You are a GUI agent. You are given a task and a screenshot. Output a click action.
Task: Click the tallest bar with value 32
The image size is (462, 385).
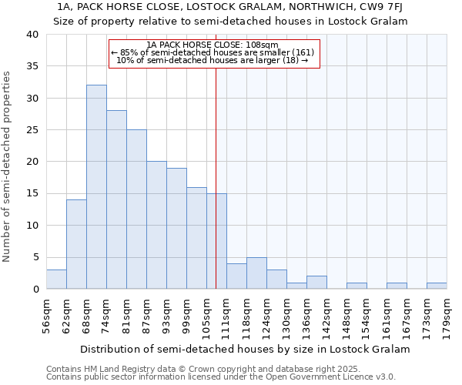[96, 187]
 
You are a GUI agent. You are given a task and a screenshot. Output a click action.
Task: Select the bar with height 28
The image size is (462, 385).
[116, 199]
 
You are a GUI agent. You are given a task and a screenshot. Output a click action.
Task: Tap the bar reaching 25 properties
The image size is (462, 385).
[136, 209]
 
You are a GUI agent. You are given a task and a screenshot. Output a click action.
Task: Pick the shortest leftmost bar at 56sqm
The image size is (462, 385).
[56, 280]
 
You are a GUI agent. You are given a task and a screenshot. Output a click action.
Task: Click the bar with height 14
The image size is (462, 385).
[76, 244]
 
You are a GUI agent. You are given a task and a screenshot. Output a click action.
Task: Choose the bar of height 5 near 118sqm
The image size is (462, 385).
[256, 273]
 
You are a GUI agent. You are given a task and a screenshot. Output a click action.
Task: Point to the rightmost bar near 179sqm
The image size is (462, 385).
[437, 286]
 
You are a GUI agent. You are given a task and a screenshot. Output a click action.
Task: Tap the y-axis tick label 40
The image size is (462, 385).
[32, 35]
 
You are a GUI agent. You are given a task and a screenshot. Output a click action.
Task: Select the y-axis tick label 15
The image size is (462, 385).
[32, 193]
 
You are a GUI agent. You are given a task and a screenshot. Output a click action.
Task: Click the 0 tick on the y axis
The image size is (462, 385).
[35, 290]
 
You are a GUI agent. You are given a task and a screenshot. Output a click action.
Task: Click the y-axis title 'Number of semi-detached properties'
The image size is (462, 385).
[8, 166]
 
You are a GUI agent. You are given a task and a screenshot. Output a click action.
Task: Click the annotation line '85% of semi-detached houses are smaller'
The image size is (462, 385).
[213, 52]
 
